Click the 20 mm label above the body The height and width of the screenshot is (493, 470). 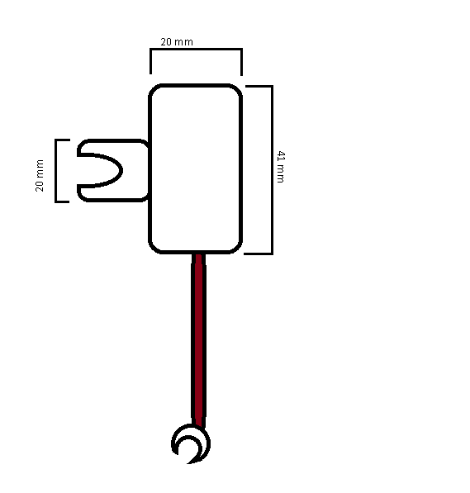click(x=177, y=42)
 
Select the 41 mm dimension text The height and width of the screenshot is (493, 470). click(x=281, y=167)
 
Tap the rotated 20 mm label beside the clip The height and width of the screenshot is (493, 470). click(x=40, y=175)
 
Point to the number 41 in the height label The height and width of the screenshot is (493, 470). click(x=281, y=156)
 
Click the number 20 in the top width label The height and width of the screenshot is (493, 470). click(x=166, y=42)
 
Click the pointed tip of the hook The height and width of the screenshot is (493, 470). click(x=188, y=463)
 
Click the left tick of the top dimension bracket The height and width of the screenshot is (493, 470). click(x=150, y=62)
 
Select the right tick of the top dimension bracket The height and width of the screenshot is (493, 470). click(x=241, y=62)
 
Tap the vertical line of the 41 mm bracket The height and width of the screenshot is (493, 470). click(x=272, y=170)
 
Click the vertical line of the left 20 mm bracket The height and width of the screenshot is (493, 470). click(x=56, y=171)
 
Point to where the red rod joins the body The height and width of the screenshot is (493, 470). click(x=198, y=254)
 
